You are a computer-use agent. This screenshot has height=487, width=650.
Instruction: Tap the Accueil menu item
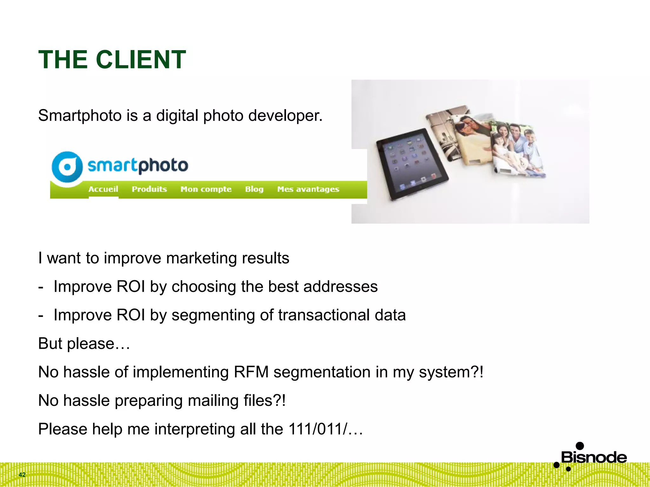pyautogui.click(x=103, y=189)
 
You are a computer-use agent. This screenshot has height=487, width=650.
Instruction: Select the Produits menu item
pyautogui.click(x=149, y=189)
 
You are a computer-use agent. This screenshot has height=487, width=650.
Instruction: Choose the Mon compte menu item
pyautogui.click(x=206, y=189)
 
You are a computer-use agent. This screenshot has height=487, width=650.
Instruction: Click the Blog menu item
pyautogui.click(x=254, y=189)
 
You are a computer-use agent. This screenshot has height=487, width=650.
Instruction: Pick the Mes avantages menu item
pyautogui.click(x=308, y=189)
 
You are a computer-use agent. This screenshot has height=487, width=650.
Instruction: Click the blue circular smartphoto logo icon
pyautogui.click(x=67, y=167)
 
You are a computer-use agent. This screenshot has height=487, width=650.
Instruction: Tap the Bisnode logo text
pyautogui.click(x=594, y=458)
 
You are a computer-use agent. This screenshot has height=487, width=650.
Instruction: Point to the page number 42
pyautogui.click(x=22, y=475)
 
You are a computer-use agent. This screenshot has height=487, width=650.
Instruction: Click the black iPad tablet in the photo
pyautogui.click(x=412, y=163)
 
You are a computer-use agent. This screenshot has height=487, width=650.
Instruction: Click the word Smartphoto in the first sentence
pyautogui.click(x=80, y=115)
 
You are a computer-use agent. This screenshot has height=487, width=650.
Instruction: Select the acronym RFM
pyautogui.click(x=251, y=372)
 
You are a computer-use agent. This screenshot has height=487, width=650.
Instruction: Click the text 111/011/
pyautogui.click(x=318, y=429)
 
